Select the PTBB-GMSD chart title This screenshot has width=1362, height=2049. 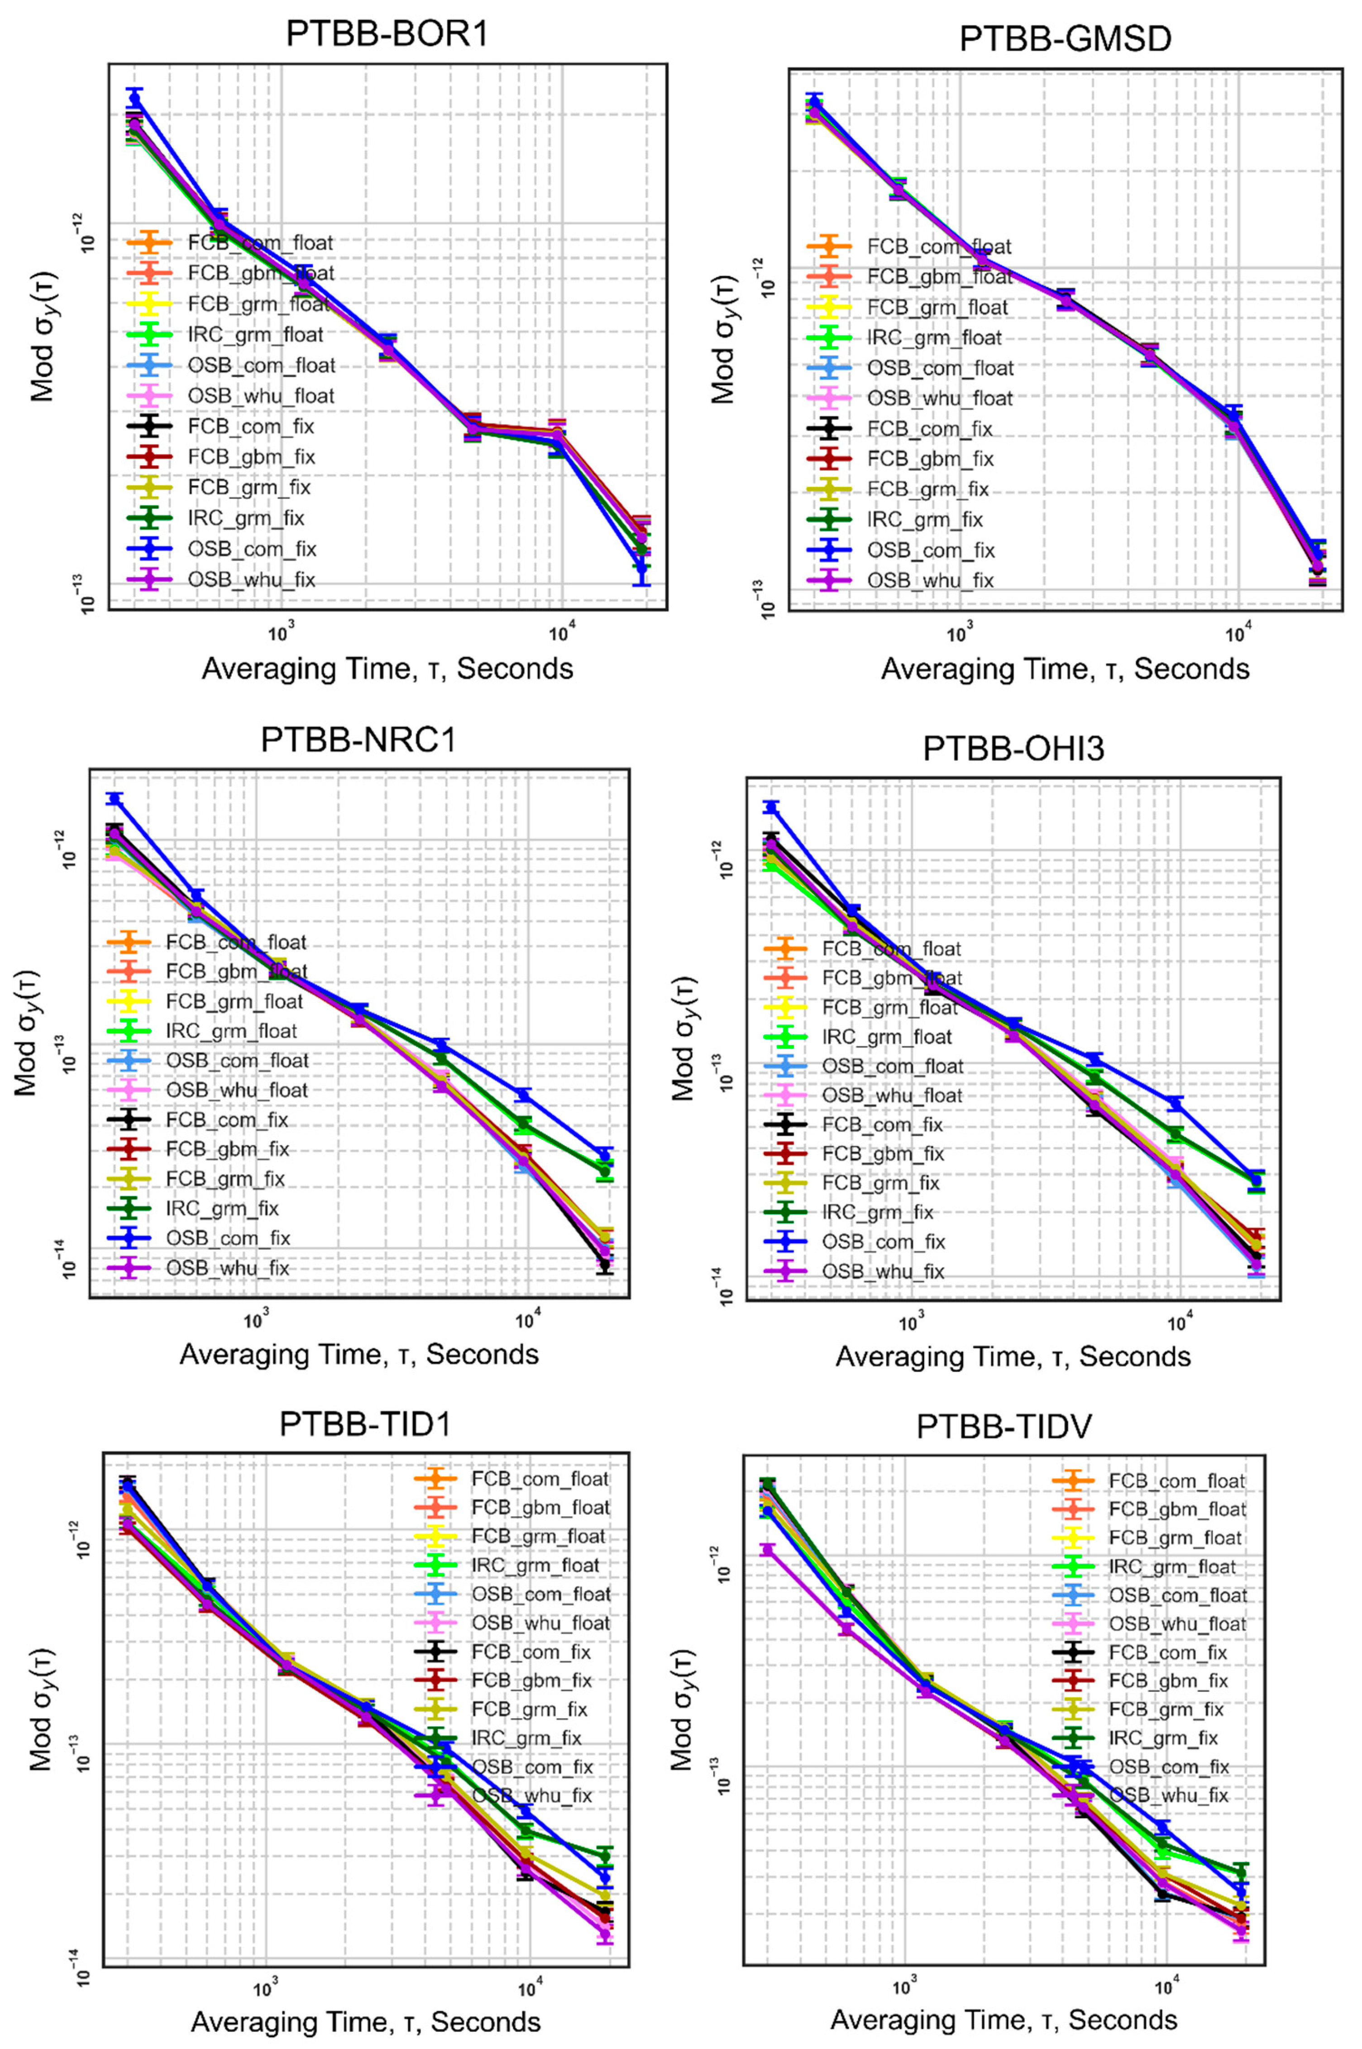pyautogui.click(x=1065, y=39)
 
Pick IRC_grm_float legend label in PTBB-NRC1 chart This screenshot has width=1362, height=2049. pyautogui.click(x=231, y=1031)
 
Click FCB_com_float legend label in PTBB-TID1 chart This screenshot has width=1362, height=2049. pyautogui.click(x=540, y=1478)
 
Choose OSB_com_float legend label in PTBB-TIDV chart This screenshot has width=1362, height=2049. pyautogui.click(x=1177, y=1595)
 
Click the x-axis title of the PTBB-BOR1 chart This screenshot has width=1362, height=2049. pyautogui.click(x=387, y=669)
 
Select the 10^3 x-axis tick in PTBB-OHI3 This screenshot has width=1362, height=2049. pyautogui.click(x=911, y=1322)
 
